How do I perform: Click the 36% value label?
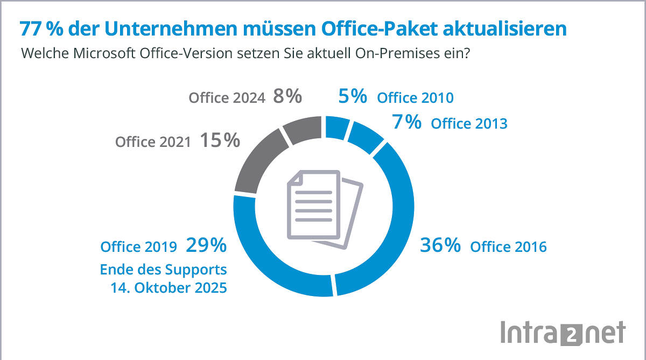coord(440,245)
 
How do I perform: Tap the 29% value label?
coord(206,245)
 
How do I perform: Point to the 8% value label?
coord(287,97)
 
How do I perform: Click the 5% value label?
coord(353,97)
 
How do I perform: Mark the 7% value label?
coord(406,122)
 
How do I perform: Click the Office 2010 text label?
coord(415,98)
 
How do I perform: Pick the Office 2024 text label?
coord(227,98)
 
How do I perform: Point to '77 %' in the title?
coord(37,29)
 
